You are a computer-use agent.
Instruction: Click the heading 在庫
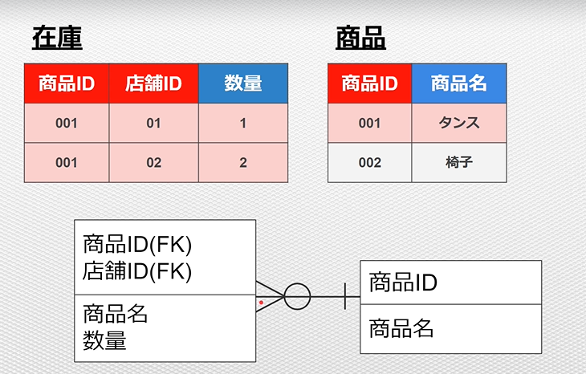[x=57, y=38]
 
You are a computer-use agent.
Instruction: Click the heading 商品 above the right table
[x=360, y=38]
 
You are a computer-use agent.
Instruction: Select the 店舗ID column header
[x=153, y=83]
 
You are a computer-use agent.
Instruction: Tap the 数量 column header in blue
[x=243, y=83]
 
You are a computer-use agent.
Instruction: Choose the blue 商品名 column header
[x=459, y=83]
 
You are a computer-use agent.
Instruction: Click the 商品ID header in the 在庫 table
[x=67, y=83]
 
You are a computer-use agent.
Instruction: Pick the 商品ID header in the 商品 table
[x=369, y=83]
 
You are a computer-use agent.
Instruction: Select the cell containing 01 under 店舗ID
[x=153, y=123]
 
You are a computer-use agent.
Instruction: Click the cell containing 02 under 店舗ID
[x=153, y=163]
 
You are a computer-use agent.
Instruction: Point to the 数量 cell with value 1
[x=243, y=123]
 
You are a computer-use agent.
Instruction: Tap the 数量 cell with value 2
[x=243, y=163]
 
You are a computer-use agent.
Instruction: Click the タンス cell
[x=459, y=123]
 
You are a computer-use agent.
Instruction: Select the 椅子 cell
[x=459, y=163]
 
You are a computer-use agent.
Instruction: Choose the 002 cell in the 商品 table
[x=369, y=163]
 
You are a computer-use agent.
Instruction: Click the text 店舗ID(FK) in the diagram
[x=137, y=271]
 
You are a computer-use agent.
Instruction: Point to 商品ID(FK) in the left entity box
[x=137, y=245]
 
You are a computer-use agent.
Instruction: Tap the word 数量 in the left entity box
[x=104, y=340]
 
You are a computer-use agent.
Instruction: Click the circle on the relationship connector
[x=297, y=284]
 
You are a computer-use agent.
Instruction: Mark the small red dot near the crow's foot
[x=261, y=303]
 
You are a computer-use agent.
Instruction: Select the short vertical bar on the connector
[x=344, y=296]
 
